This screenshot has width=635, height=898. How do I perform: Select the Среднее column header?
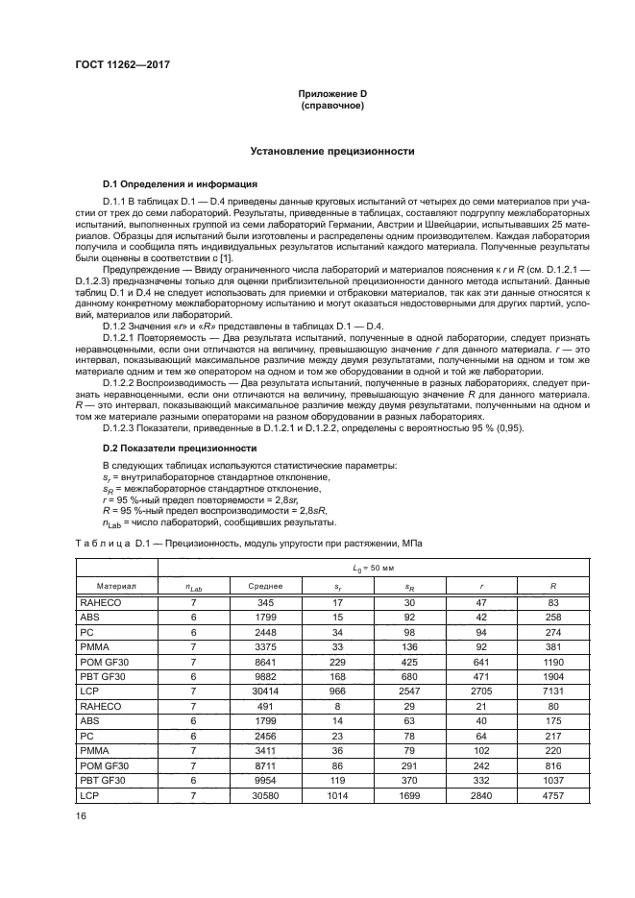(x=265, y=584)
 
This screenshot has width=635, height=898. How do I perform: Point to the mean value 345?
(x=265, y=600)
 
